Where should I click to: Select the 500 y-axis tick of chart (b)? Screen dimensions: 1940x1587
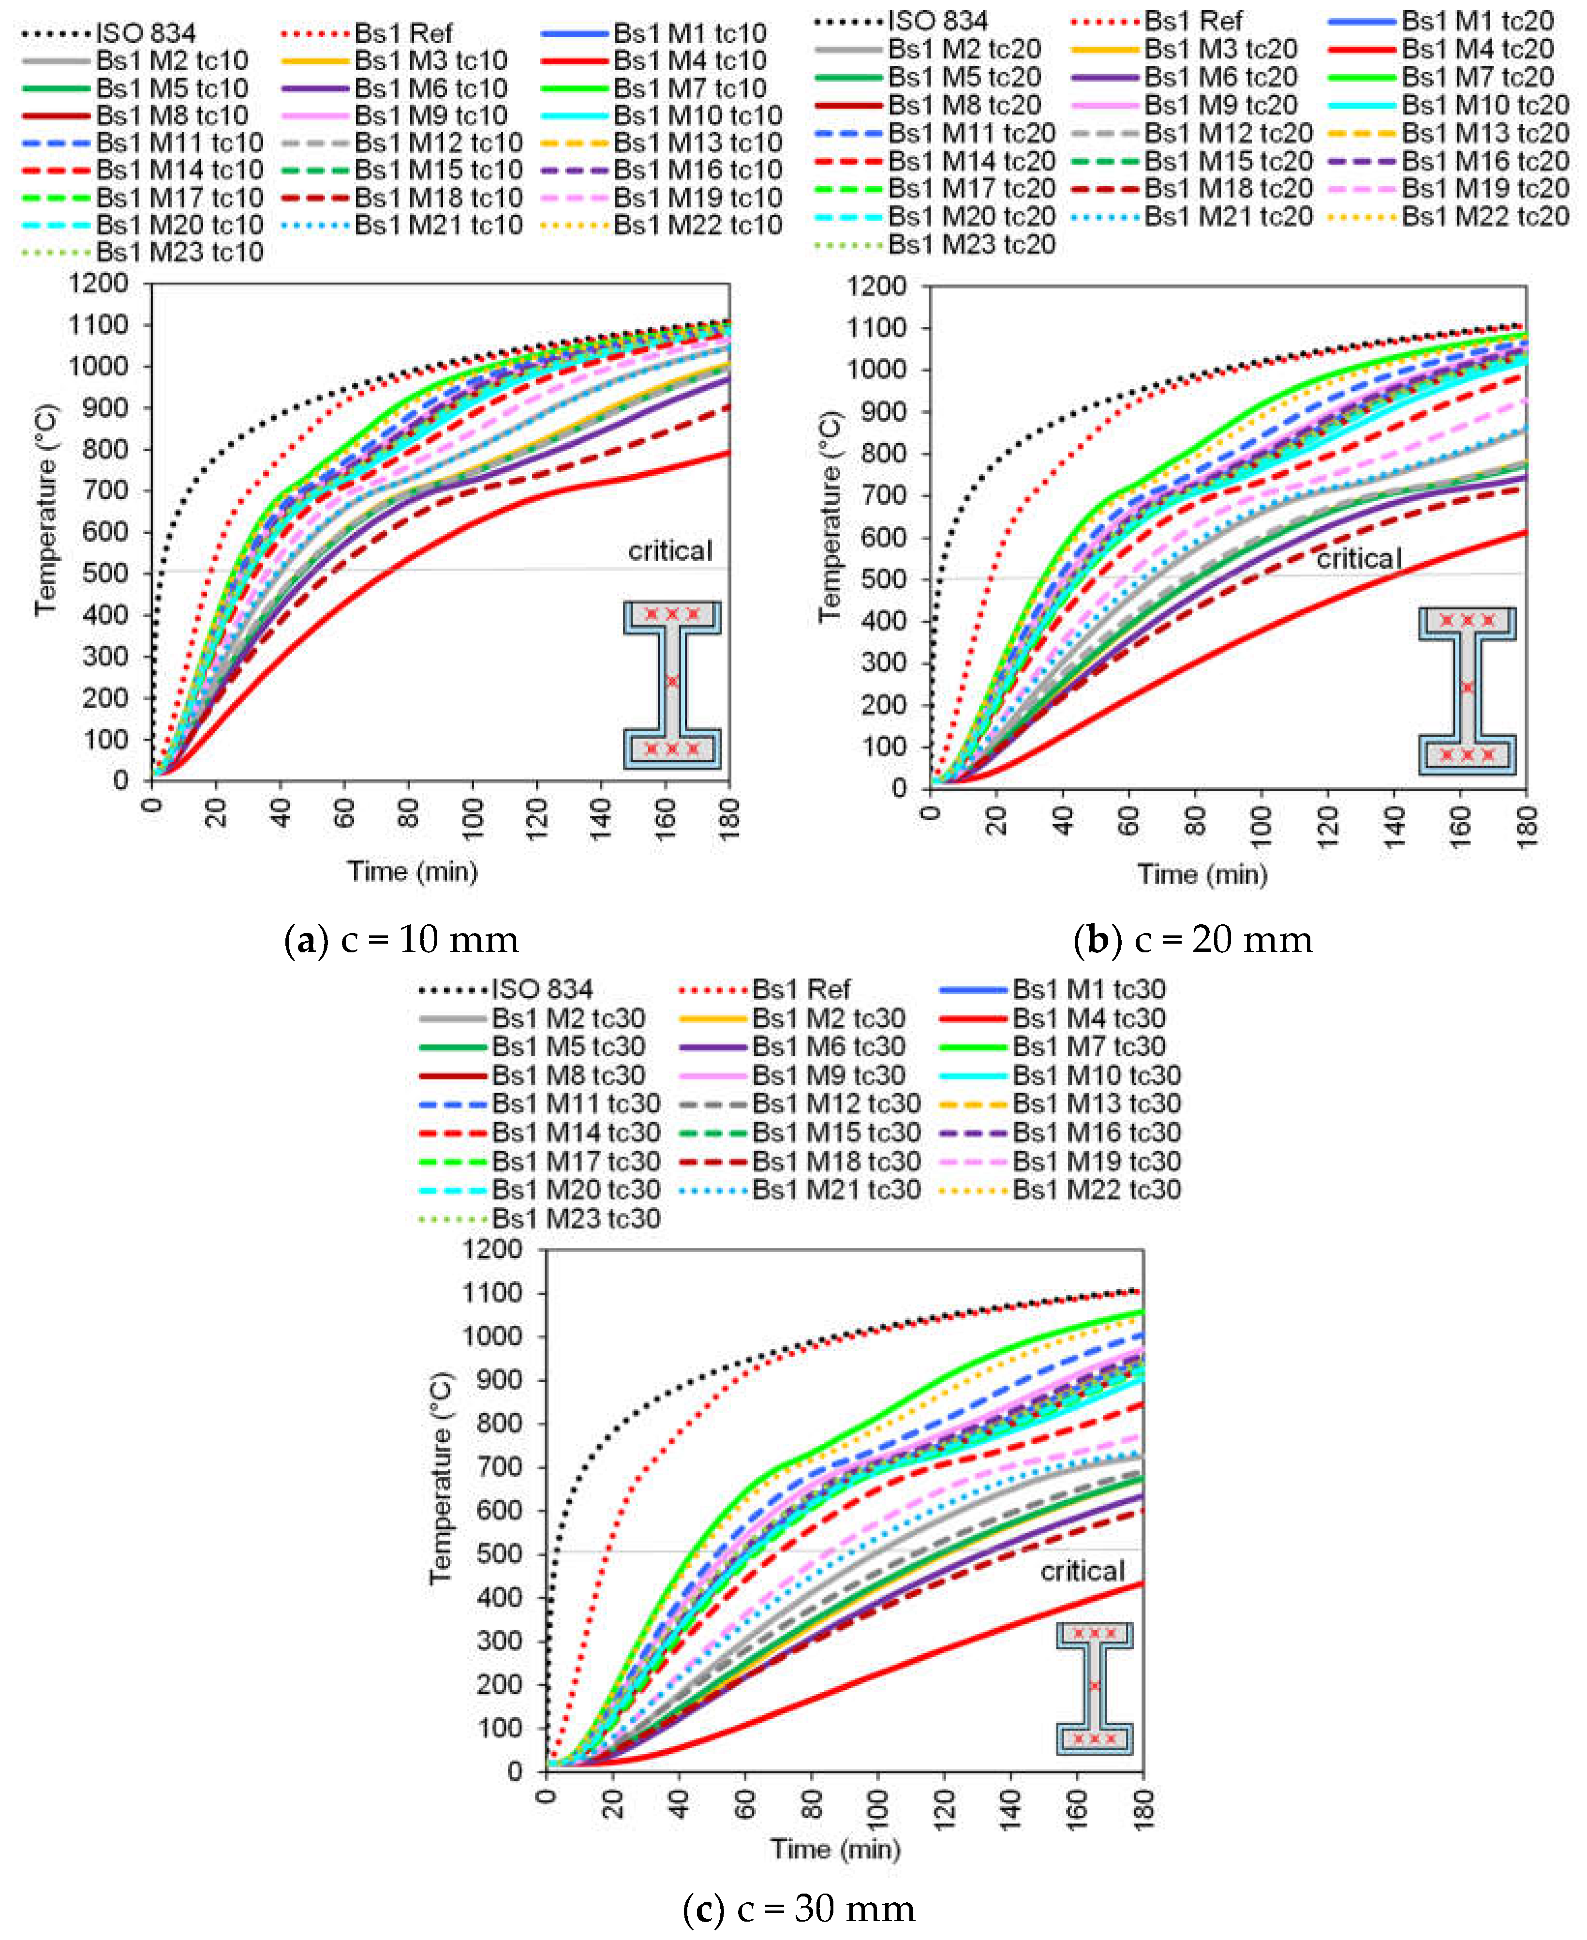pyautogui.click(x=883, y=578)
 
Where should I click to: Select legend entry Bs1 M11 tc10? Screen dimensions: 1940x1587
pyautogui.click(x=178, y=144)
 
